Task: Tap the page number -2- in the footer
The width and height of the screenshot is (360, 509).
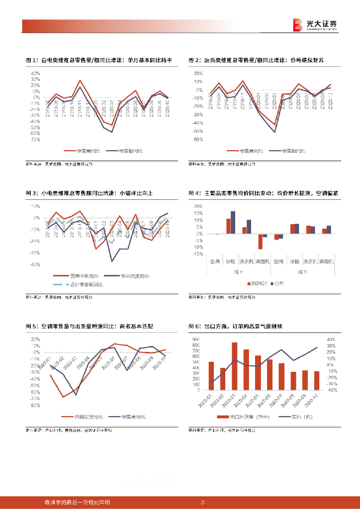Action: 202,502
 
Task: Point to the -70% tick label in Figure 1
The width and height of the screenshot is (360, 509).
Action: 35,140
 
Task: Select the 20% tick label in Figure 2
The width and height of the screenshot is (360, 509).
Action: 198,73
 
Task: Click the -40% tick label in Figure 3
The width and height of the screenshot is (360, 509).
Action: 35,264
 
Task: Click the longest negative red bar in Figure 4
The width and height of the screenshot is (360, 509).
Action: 260,241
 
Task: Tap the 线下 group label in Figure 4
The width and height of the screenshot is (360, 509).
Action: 301,271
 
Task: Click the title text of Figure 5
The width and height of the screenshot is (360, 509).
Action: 90,326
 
